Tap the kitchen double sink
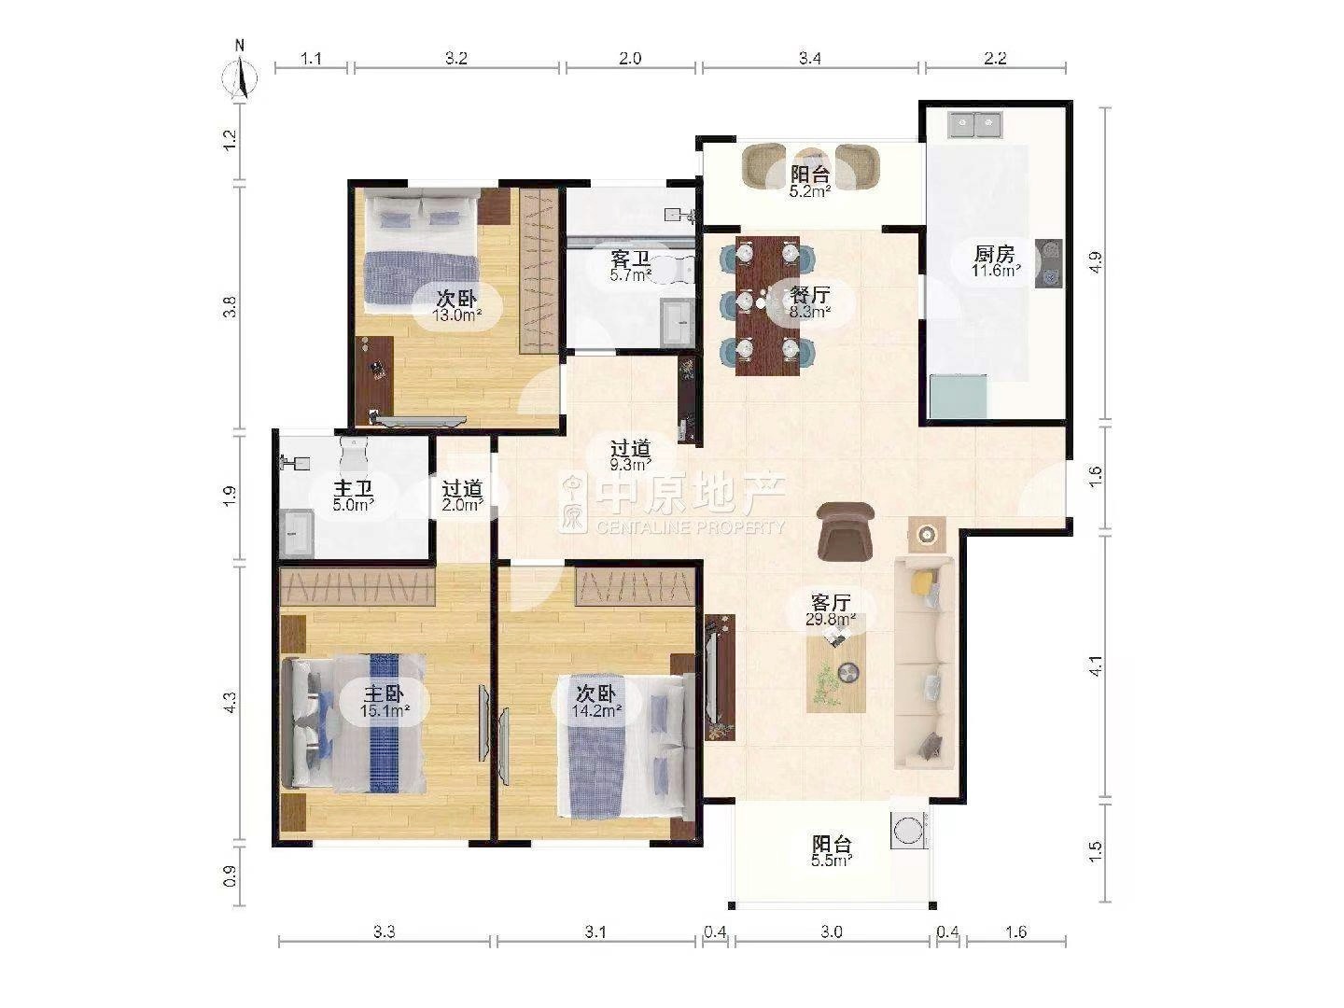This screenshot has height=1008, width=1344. coord(973,124)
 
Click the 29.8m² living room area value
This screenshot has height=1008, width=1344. coord(831,620)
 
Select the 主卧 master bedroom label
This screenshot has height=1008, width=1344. coord(384,694)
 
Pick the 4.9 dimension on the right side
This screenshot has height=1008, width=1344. coord(1096,262)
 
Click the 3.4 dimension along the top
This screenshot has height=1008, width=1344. coord(809,58)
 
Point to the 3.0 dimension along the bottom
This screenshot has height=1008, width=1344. coord(832,932)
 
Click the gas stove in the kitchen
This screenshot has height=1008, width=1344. coord(1048,263)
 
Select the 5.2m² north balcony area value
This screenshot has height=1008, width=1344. coord(809,191)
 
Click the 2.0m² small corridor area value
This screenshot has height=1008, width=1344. coord(462,505)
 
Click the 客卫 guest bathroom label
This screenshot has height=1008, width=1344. coord(631,259)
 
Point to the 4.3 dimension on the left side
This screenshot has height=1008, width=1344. coord(230,702)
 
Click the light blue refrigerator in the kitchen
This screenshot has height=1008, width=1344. coord(958,397)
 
